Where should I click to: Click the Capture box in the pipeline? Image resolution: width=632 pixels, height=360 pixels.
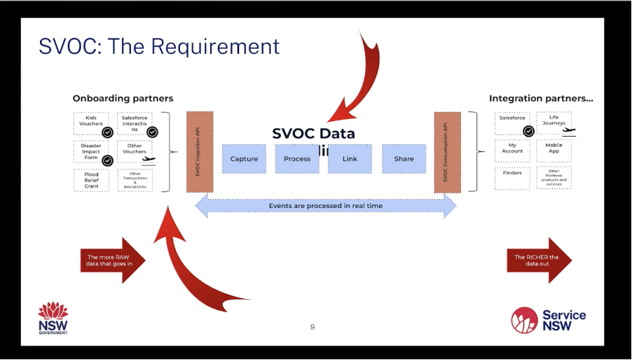click(x=244, y=159)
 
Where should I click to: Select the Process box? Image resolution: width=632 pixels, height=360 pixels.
click(x=297, y=159)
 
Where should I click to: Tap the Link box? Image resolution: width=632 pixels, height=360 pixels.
click(x=350, y=159)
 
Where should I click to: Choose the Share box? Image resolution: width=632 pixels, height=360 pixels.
click(x=404, y=159)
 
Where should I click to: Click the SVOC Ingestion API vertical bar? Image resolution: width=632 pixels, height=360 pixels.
click(x=200, y=151)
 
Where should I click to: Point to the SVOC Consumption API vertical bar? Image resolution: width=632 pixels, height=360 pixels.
click(x=447, y=151)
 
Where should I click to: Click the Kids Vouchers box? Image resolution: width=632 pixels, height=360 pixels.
click(x=91, y=123)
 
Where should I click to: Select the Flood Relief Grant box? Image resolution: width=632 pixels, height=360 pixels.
click(x=91, y=179)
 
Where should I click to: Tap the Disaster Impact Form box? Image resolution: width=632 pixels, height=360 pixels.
click(x=91, y=151)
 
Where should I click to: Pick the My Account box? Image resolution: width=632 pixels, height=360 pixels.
click(x=512, y=148)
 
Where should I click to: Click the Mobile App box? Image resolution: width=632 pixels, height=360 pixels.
click(x=554, y=148)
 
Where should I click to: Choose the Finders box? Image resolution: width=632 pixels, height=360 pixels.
click(x=512, y=176)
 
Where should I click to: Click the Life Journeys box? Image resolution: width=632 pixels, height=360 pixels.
click(x=554, y=123)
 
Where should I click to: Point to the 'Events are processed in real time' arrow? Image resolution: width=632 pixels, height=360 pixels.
click(x=326, y=206)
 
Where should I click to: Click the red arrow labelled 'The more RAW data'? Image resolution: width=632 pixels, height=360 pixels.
click(x=112, y=261)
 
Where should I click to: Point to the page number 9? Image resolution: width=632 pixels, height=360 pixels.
click(x=312, y=327)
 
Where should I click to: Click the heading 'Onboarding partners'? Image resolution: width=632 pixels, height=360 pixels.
click(x=123, y=98)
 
